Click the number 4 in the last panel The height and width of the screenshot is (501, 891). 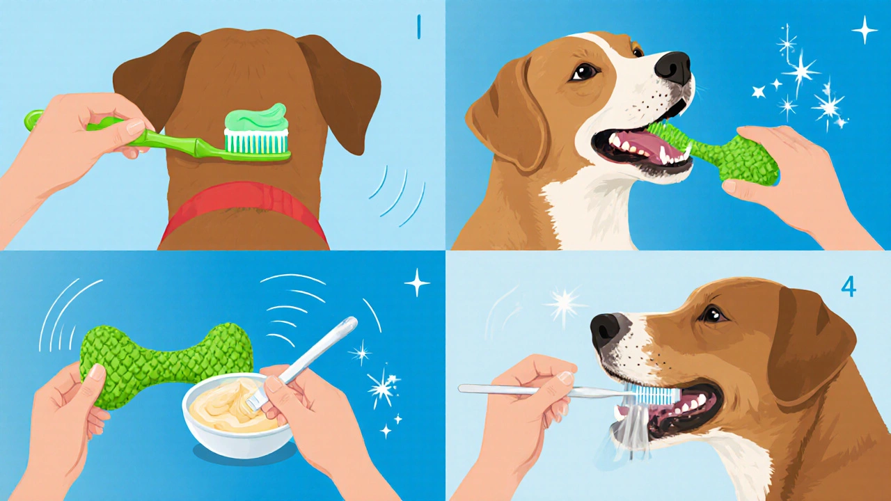[x=848, y=287]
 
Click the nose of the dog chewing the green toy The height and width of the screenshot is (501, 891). [x=673, y=67]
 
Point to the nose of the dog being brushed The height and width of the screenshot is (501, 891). [x=606, y=330]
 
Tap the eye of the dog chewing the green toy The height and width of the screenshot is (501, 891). [x=584, y=72]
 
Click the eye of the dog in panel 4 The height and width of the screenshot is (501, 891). [x=713, y=315]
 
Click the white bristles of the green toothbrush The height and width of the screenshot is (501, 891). [x=257, y=143]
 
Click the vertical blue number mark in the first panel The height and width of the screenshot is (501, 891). [x=418, y=27]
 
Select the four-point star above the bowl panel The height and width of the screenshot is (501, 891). [x=417, y=283]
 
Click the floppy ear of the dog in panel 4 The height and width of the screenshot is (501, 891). [x=812, y=350]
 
